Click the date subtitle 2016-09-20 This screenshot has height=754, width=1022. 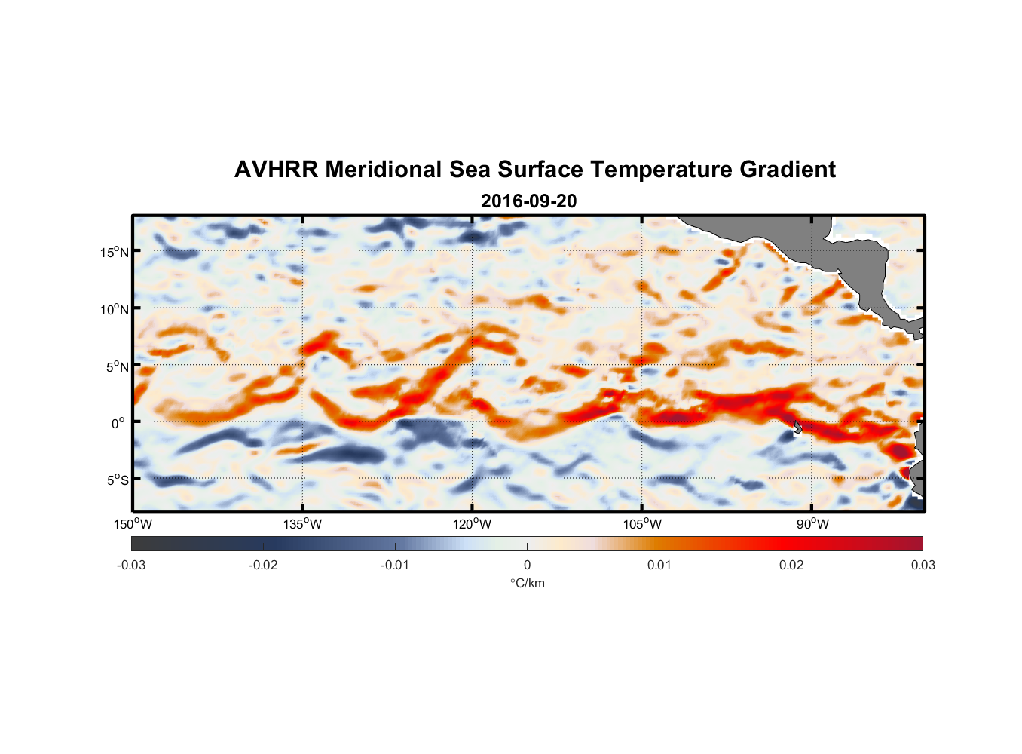pos(528,201)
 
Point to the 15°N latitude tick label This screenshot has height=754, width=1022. pos(114,252)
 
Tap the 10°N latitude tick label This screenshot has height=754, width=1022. pos(114,309)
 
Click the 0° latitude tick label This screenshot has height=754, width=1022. pos(118,423)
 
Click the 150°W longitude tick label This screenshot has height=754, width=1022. pos(133,524)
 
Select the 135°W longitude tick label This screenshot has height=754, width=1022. pos(303,524)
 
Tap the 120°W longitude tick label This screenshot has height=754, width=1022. pos(473,524)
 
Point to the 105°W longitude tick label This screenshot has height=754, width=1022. pos(642,524)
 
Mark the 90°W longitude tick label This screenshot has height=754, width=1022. pos(812,524)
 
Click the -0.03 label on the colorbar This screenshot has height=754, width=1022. pos(131,565)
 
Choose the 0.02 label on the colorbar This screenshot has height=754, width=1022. pos(791,565)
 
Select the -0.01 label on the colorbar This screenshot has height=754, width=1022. pos(395,565)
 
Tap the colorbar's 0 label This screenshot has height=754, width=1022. pos(527,565)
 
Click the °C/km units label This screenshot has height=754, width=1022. pos(528,583)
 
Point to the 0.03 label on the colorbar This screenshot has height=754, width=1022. pos(923,565)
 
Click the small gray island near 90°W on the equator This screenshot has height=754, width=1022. pos(797,428)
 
